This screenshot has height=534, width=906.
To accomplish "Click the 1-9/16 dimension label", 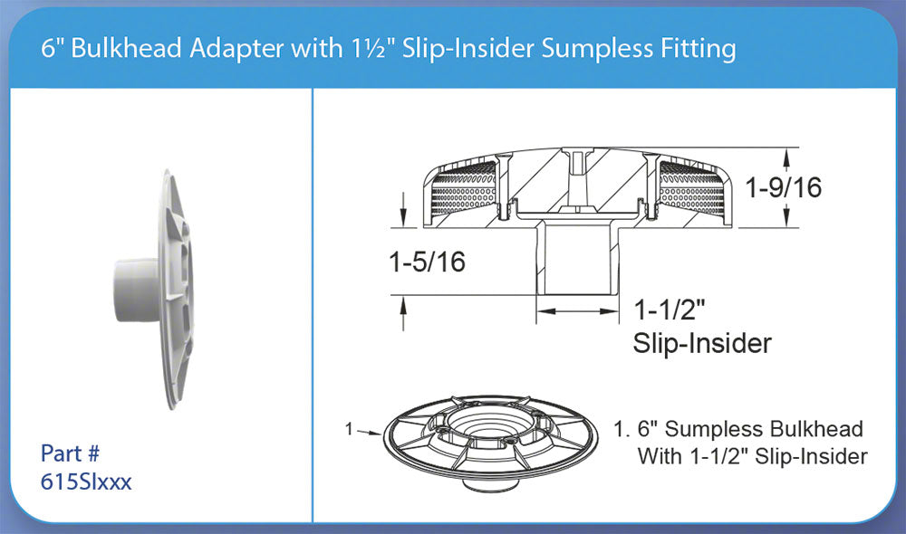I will [784, 188].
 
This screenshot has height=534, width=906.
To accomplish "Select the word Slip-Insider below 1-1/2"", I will [701, 344].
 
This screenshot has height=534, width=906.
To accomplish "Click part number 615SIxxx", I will [87, 482].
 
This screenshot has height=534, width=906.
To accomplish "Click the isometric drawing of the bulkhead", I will [487, 439].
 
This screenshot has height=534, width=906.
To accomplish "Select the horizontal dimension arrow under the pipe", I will [580, 310].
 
